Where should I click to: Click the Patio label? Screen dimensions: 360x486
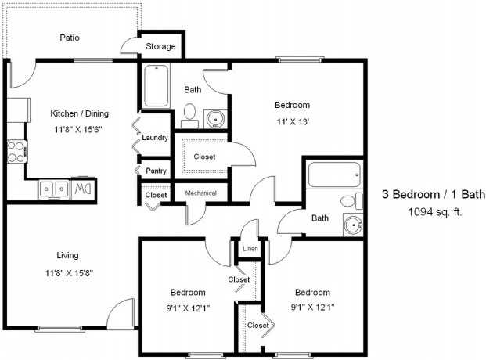[70, 37]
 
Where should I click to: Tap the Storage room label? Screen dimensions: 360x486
[161, 47]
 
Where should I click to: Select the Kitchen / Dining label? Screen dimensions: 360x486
[79, 113]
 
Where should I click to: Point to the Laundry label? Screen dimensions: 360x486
[155, 138]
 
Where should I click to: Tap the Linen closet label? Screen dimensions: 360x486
[250, 250]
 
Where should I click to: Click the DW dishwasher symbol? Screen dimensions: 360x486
[82, 188]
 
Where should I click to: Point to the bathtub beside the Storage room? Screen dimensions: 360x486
[157, 88]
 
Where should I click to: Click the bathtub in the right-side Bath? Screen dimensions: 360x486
[334, 175]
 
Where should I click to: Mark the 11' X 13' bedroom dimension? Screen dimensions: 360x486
[292, 122]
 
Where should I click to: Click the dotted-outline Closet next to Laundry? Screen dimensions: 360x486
[204, 157]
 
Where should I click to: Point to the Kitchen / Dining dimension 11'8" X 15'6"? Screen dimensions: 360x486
[79, 129]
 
